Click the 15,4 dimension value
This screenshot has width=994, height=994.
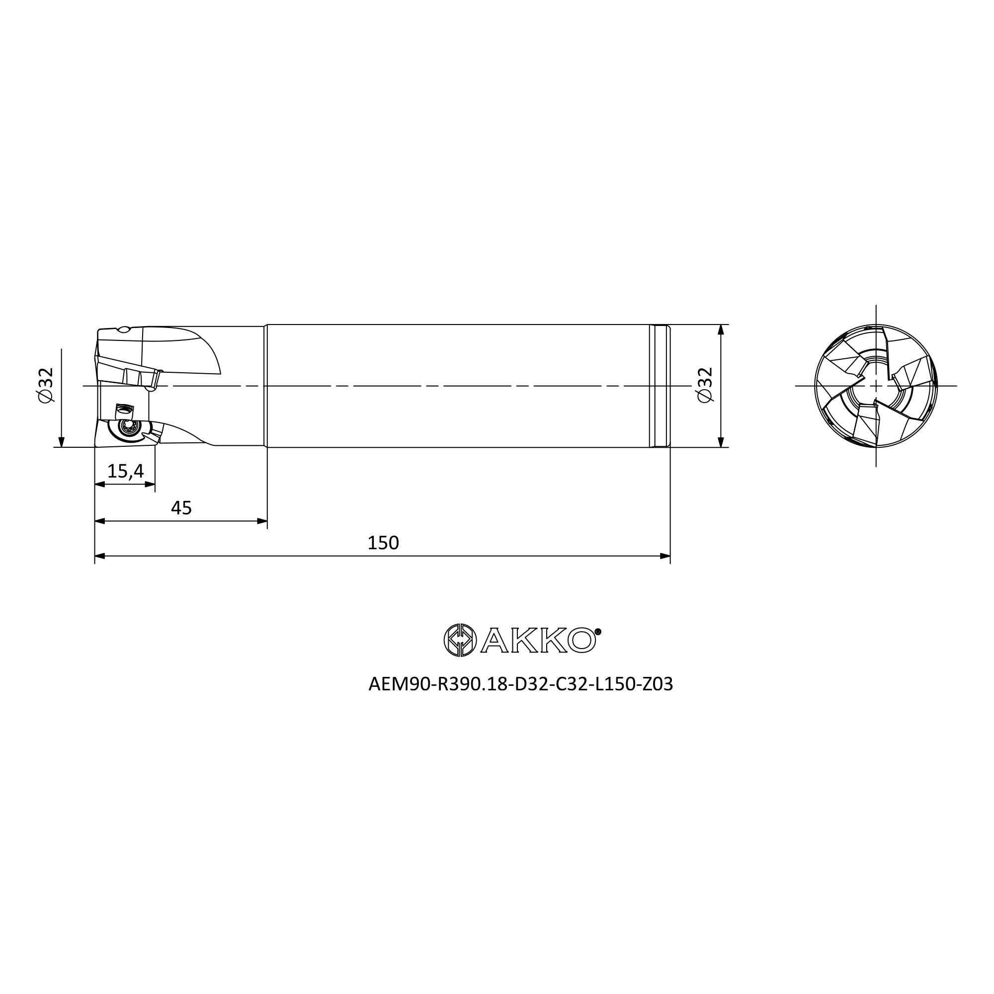[x=126, y=471]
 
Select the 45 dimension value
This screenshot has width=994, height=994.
[x=181, y=508]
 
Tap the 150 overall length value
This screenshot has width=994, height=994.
[x=383, y=543]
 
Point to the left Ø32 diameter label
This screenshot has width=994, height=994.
[x=46, y=385]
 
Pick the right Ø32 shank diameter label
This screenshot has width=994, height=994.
[x=705, y=385]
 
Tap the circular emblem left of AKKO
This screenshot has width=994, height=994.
[x=460, y=640]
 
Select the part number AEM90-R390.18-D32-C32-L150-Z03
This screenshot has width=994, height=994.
[x=521, y=684]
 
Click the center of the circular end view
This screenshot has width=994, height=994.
[x=876, y=385]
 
